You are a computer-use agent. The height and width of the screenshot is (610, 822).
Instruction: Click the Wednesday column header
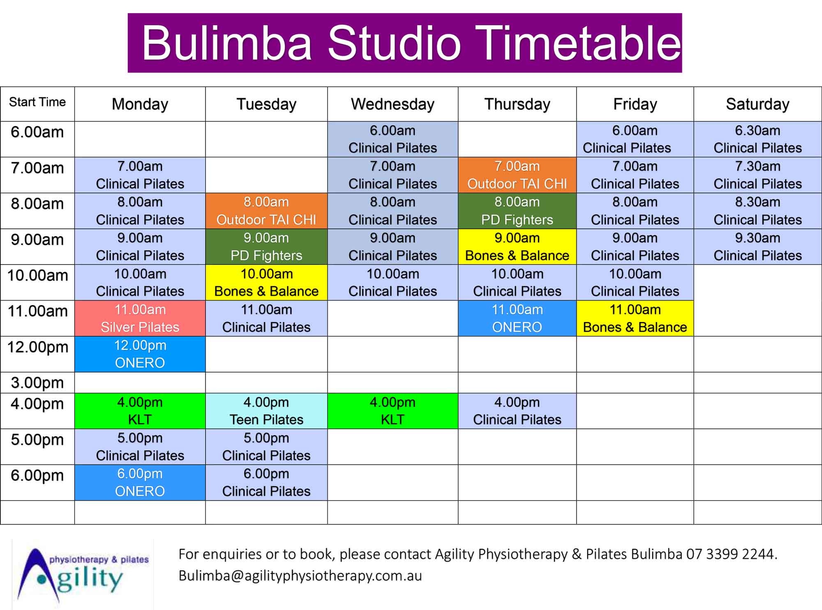pos(393,104)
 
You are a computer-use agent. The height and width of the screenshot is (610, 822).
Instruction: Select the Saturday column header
pos(757,104)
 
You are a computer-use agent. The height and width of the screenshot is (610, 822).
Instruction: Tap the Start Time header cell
pos(37,104)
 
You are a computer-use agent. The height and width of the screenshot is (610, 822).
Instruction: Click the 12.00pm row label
pos(37,347)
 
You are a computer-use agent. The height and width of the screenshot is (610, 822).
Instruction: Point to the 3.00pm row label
pos(37,383)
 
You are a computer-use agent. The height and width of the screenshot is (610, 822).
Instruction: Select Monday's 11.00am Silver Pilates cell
pos(140,318)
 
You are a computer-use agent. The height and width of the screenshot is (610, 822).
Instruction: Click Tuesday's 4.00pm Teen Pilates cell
pos(266,411)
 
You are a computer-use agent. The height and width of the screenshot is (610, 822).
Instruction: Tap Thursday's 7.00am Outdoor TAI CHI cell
pos(517,175)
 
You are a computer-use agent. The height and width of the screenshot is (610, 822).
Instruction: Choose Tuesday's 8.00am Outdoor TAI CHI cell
pos(266,211)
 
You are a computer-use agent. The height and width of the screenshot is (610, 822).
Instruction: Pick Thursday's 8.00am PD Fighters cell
pos(517,211)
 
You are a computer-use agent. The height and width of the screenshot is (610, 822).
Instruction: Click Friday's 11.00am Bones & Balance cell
pos(635,318)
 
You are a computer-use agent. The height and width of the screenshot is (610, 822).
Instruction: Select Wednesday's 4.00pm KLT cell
pos(393,411)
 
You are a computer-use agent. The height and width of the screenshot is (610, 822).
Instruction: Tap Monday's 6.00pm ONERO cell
pos(140,483)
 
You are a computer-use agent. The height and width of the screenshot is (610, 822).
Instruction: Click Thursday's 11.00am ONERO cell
pos(517,318)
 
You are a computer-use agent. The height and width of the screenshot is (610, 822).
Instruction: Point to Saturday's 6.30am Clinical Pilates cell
pos(757,139)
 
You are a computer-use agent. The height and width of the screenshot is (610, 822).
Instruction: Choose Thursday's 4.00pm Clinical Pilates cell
pos(517,411)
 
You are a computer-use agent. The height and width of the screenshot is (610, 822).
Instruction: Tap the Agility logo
pos(83,574)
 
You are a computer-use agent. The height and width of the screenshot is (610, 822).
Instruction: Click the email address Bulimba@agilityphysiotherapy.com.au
pos(300,576)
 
